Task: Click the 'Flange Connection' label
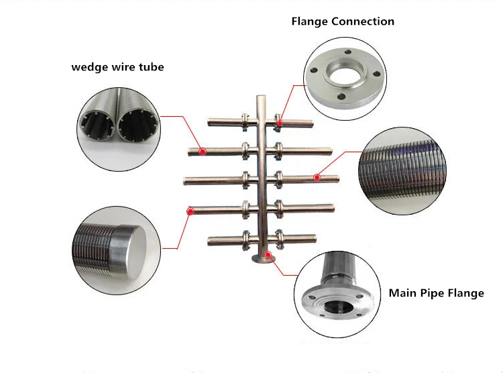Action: (x=343, y=21)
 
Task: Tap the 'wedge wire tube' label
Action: (x=117, y=67)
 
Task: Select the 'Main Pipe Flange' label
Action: (x=437, y=293)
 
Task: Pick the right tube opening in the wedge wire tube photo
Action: (x=137, y=125)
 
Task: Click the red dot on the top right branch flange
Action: (x=278, y=123)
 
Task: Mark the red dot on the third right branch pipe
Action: (x=317, y=178)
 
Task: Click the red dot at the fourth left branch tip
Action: (x=191, y=211)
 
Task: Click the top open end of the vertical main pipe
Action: (x=260, y=98)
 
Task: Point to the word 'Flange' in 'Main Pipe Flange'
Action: (x=465, y=293)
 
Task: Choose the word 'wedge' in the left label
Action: (x=89, y=67)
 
